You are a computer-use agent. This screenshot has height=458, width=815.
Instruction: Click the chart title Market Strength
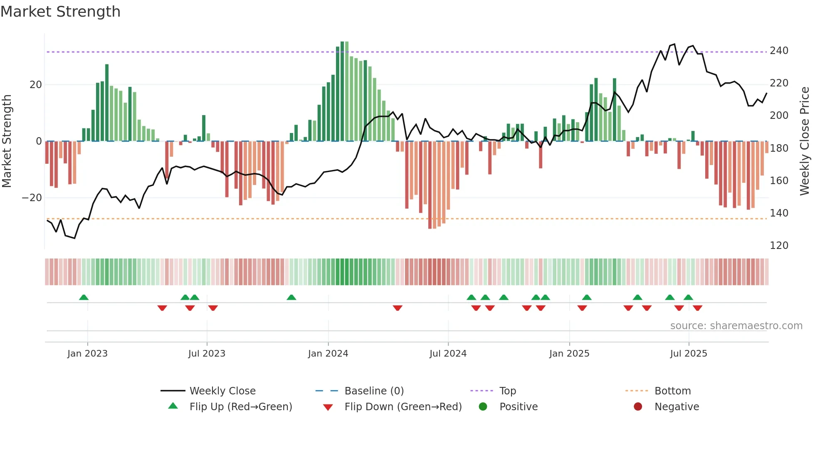60,12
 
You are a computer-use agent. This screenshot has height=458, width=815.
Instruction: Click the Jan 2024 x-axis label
328,354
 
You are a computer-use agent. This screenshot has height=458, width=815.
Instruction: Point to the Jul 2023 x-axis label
207,354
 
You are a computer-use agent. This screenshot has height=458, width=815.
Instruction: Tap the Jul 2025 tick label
688,354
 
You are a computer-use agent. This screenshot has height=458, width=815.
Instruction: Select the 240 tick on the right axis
779,51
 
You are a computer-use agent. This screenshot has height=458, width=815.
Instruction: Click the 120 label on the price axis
779,246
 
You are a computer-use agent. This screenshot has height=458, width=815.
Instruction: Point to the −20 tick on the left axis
32,198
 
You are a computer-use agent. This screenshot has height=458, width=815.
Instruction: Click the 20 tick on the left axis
35,85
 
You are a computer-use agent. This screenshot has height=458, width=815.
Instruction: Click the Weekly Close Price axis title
805,141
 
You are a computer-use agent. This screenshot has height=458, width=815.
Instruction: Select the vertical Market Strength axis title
7,141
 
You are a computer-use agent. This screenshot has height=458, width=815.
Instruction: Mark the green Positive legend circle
483,407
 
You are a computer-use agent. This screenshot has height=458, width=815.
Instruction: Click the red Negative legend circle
638,407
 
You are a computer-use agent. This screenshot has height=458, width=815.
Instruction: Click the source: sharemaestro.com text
736,326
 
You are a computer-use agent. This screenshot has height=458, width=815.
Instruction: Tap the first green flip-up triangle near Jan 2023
84,298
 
